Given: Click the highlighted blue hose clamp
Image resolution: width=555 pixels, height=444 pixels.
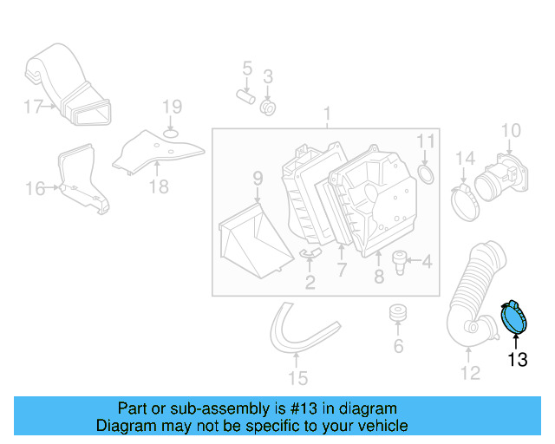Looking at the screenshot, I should click(518, 317).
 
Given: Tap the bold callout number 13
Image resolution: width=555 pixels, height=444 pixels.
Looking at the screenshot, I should click(517, 359).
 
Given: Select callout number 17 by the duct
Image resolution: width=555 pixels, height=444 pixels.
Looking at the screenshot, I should click(33, 108).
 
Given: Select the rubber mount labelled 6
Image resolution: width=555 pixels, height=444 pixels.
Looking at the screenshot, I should click(398, 313).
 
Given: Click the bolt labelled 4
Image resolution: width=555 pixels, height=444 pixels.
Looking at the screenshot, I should click(402, 260).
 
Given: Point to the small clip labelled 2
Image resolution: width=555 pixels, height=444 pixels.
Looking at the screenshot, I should click(310, 253).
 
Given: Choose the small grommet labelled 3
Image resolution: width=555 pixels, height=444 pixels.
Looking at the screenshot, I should click(269, 108).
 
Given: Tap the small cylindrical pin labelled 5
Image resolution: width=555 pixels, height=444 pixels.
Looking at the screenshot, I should click(245, 96).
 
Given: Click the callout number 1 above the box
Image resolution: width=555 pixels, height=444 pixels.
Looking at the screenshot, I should click(327, 114).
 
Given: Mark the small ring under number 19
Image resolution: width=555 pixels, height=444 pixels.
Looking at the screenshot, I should click(172, 133).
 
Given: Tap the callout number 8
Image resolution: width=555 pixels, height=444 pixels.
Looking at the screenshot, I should click(379, 277).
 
